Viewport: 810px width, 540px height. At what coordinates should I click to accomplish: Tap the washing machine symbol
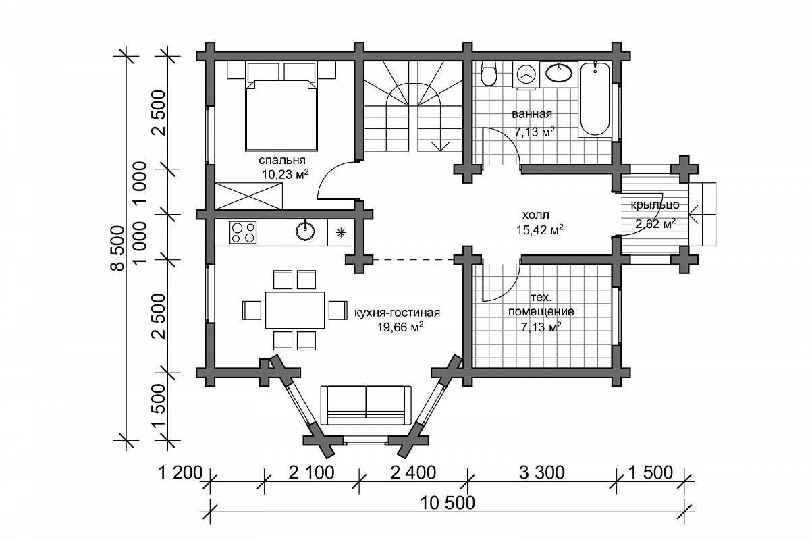[525, 75]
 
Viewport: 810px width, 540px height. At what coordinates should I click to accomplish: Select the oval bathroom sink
[559, 73]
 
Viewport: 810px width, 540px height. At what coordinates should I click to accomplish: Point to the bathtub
[595, 99]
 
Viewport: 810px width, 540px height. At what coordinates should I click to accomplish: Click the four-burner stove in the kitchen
[243, 232]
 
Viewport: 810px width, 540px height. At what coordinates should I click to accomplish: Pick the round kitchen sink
[305, 231]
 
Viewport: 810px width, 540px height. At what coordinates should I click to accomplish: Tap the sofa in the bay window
[366, 405]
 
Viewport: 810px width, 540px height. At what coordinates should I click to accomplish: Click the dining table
[295, 310]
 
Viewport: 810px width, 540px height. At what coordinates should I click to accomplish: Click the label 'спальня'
[282, 159]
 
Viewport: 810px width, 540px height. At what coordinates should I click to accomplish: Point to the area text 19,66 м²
[400, 327]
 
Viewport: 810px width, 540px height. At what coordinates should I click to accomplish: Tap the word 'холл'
[536, 215]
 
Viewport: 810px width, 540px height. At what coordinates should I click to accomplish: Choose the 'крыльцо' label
[655, 205]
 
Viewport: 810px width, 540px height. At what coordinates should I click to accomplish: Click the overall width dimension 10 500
[448, 503]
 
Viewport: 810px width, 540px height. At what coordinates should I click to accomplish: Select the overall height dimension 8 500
[117, 248]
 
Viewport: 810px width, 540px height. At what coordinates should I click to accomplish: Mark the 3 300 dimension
[541, 473]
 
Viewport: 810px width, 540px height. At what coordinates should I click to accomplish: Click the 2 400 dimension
[413, 473]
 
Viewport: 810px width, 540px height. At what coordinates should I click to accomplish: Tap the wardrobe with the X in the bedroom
[249, 196]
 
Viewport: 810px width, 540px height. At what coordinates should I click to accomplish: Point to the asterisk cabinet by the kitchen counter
[341, 233]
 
